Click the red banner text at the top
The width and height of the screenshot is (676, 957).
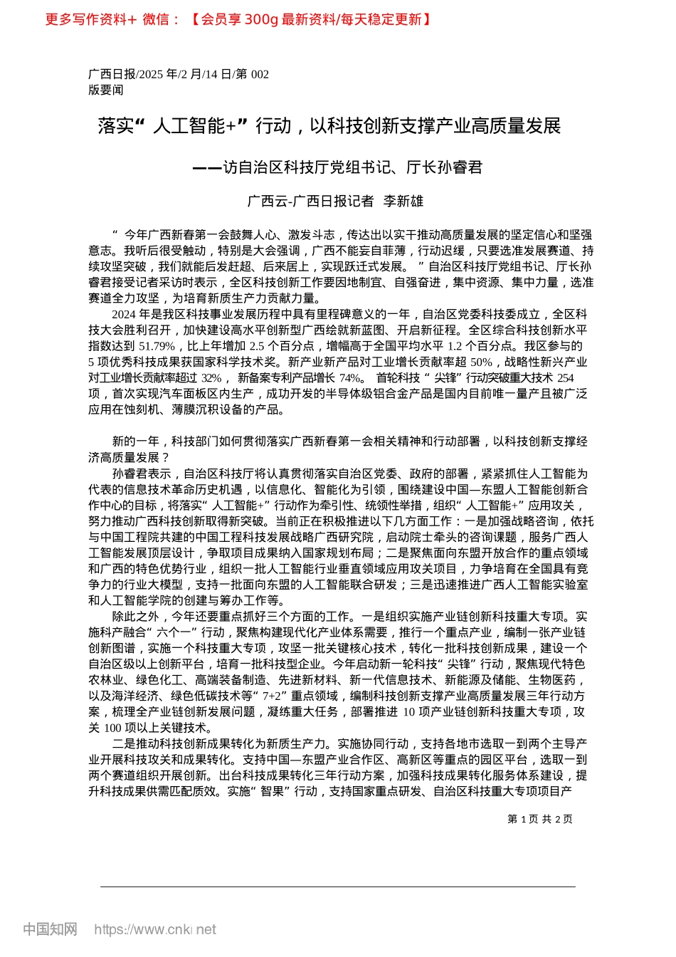point(239,19)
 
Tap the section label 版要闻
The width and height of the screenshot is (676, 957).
point(106,90)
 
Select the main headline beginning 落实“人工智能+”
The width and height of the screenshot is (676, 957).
point(329,127)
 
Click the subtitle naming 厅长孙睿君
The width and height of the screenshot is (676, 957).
point(337,167)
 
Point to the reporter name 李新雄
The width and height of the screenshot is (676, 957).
point(403,202)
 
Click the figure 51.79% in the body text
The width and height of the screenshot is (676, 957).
point(157,346)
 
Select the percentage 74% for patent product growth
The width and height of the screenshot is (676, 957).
point(351,378)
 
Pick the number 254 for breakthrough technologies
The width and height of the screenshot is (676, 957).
point(565,378)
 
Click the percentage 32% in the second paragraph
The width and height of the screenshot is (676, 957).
point(211,378)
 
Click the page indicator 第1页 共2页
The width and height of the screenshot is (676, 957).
point(540,819)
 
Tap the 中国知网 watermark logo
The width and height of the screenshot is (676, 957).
point(50,929)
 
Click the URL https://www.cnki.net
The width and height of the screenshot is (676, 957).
point(155,929)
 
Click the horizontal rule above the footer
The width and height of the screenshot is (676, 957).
point(337,887)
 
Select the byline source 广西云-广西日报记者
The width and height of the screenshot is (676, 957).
point(310,202)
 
